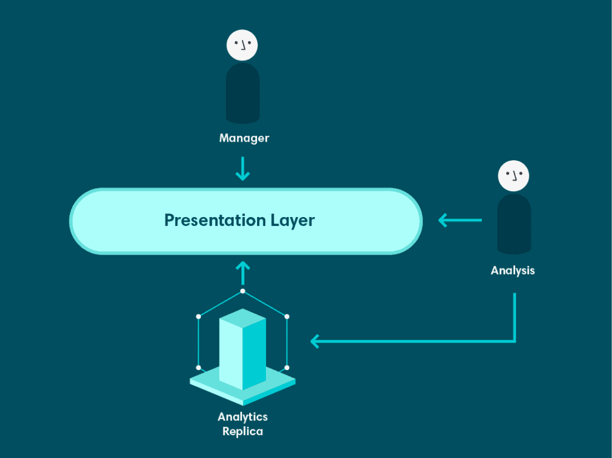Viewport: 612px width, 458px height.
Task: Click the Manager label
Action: pyautogui.click(x=244, y=139)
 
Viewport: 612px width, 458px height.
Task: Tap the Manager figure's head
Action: pyautogui.click(x=243, y=45)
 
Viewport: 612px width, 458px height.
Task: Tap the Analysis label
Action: pyautogui.click(x=512, y=270)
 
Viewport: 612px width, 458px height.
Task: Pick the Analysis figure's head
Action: pyautogui.click(x=514, y=176)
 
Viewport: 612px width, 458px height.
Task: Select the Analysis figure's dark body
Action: pyautogui.click(x=514, y=224)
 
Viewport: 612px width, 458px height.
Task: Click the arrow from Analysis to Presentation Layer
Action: pyautogui.click(x=460, y=221)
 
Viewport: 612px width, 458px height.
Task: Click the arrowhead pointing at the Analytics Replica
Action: pyautogui.click(x=316, y=341)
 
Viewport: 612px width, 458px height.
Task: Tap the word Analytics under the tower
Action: pyautogui.click(x=243, y=417)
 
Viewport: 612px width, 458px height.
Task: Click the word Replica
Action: pyautogui.click(x=243, y=431)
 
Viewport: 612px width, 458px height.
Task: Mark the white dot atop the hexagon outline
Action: pyautogui.click(x=243, y=291)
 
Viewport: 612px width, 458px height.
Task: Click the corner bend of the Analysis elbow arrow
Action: pyautogui.click(x=515, y=341)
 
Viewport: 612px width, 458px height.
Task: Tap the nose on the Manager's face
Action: pyautogui.click(x=243, y=46)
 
